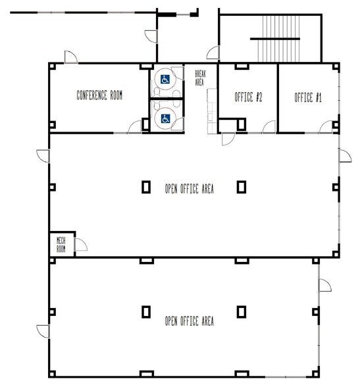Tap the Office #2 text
tap(249, 97)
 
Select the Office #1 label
tap(307, 97)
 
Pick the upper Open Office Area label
tap(189, 189)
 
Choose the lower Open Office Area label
tap(189, 321)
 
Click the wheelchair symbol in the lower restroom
tap(166, 118)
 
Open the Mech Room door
tap(82, 246)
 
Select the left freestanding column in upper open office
tap(145, 187)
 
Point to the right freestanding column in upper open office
tap(242, 187)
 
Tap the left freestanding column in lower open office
tap(145, 311)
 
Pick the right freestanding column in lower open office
tap(242, 311)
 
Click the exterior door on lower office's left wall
tap(43, 331)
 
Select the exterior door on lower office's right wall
tap(324, 284)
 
